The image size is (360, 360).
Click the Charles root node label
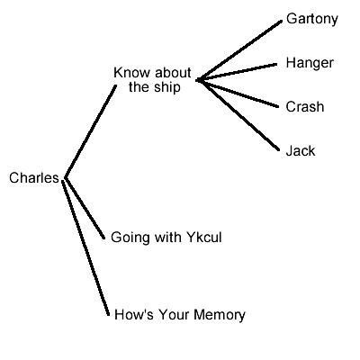(x=33, y=178)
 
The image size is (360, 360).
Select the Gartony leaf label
(x=311, y=19)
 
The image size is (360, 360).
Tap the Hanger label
(x=309, y=63)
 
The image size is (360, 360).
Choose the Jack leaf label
(x=300, y=151)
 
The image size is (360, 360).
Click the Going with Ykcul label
(x=166, y=238)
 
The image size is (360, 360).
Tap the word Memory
(x=219, y=314)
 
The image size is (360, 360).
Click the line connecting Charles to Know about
(x=90, y=131)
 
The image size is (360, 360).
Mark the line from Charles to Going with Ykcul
(x=85, y=208)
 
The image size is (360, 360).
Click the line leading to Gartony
(x=238, y=49)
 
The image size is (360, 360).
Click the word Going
(x=128, y=238)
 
